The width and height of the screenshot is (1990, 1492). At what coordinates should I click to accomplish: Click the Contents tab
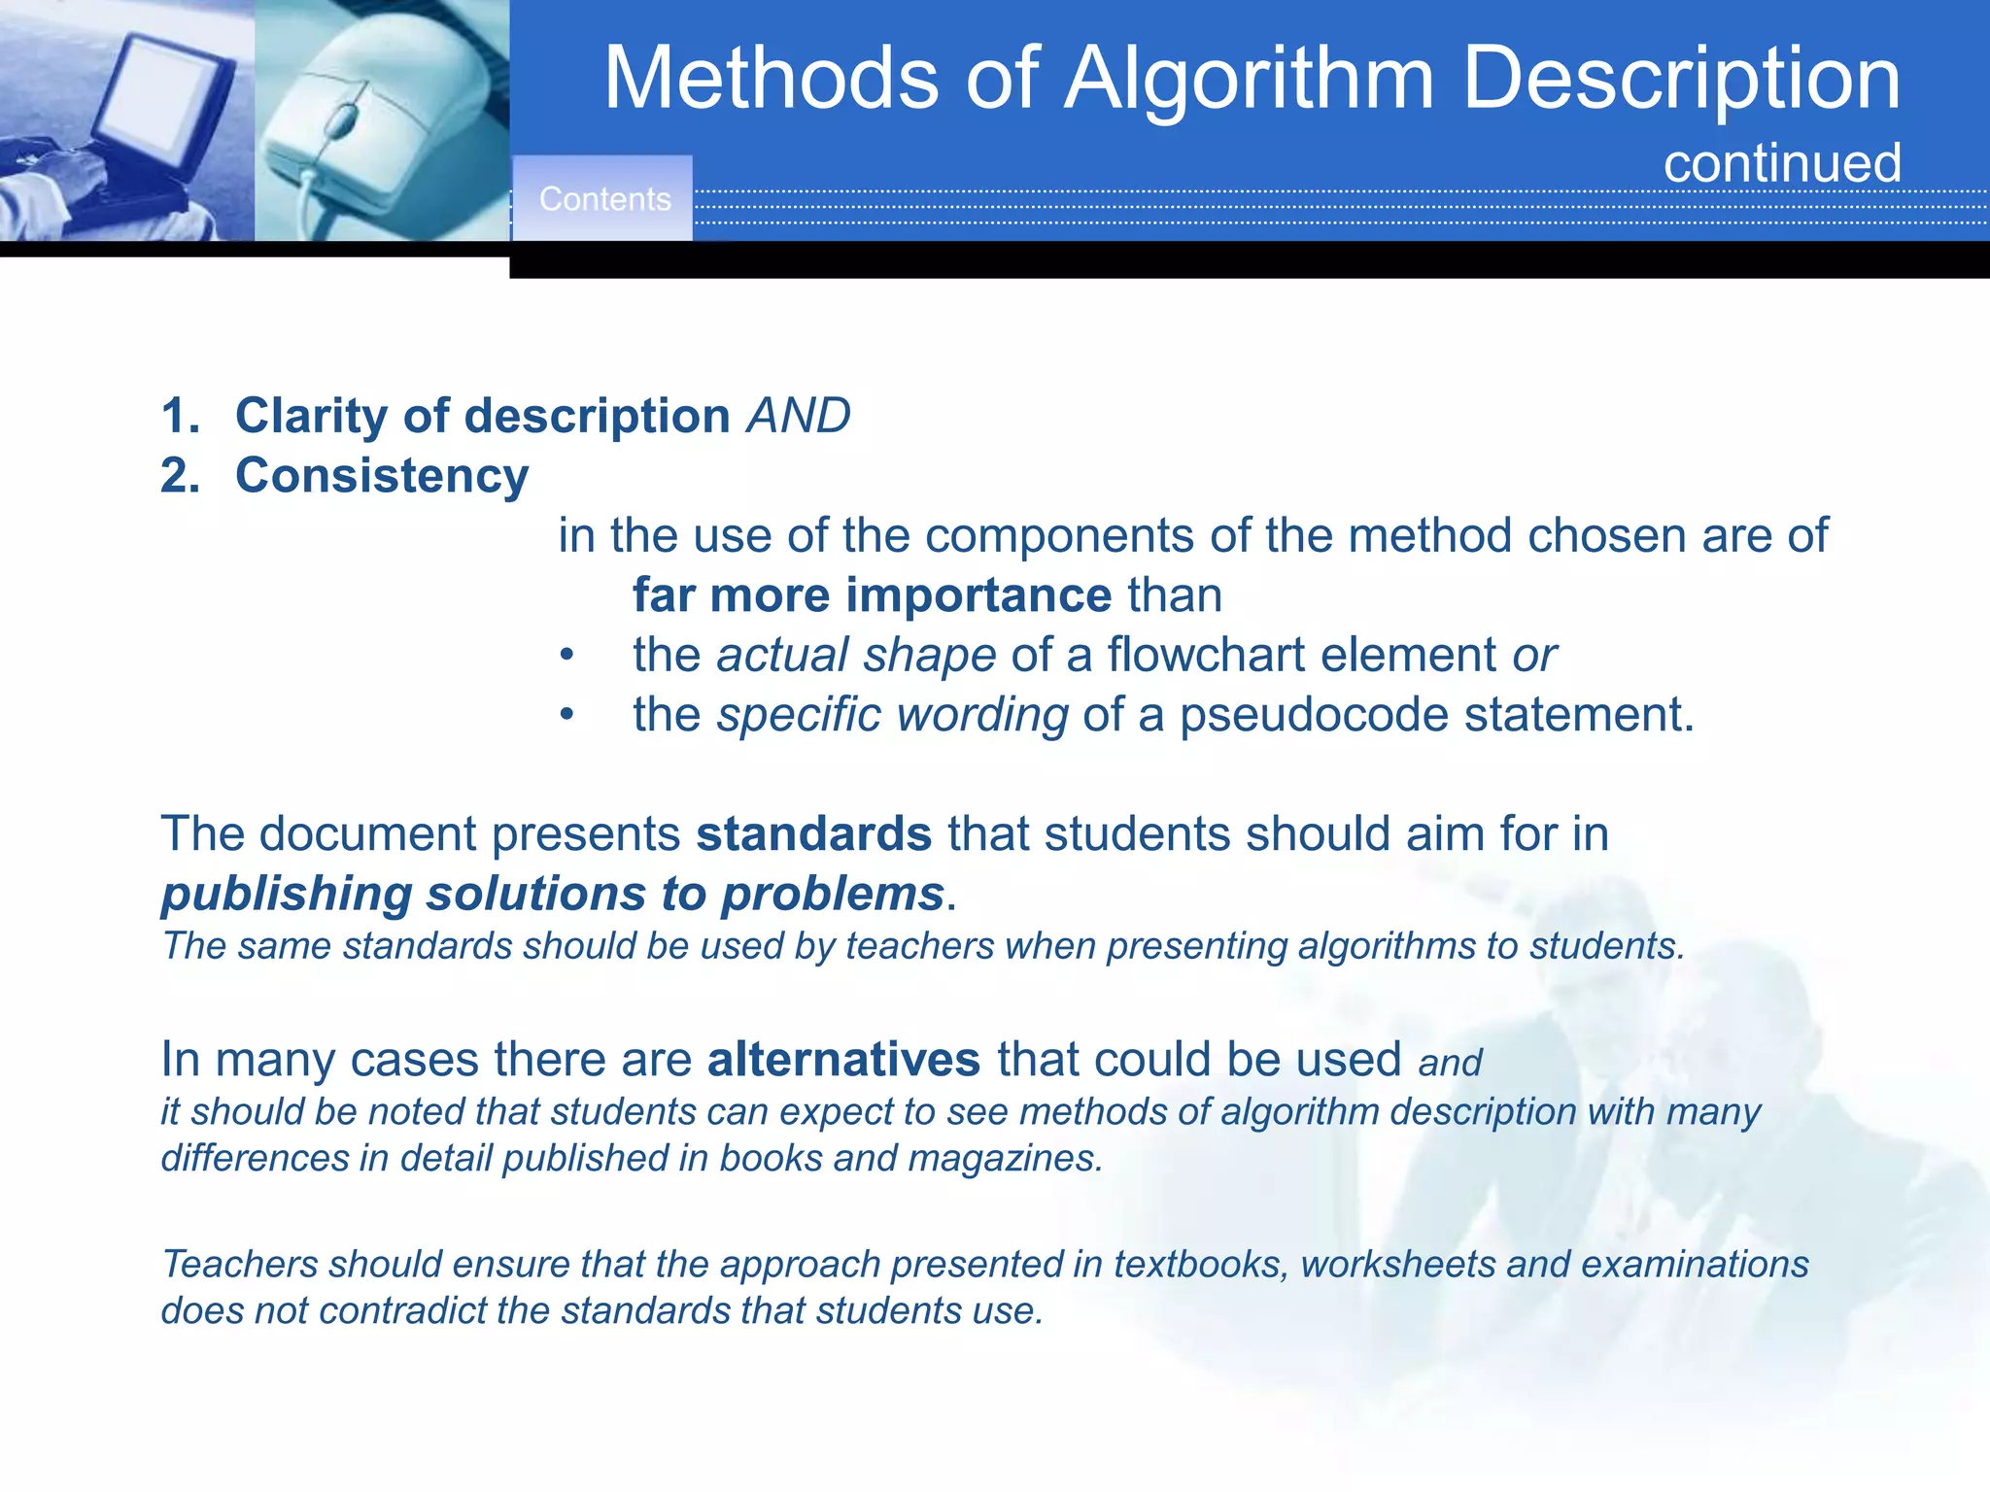(603, 199)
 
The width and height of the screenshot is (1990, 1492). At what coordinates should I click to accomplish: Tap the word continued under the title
(1782, 163)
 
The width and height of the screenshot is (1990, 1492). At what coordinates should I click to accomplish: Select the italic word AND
(799, 416)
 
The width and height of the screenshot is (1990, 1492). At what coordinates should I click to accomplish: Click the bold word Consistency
(382, 476)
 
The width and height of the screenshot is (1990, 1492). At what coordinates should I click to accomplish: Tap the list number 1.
(179, 416)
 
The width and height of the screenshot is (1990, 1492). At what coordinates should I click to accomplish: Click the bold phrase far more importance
(872, 594)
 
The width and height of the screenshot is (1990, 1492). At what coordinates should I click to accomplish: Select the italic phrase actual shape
(856, 655)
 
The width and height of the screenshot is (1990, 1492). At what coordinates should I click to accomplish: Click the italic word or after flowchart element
(1534, 655)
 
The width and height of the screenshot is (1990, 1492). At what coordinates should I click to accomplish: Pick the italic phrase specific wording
(892, 715)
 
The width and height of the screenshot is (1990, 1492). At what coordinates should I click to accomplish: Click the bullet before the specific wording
(566, 715)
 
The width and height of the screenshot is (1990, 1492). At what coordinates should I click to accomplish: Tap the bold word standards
(813, 834)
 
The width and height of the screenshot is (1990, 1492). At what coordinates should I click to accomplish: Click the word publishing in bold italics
(286, 894)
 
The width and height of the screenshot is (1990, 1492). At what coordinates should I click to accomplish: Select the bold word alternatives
(843, 1059)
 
